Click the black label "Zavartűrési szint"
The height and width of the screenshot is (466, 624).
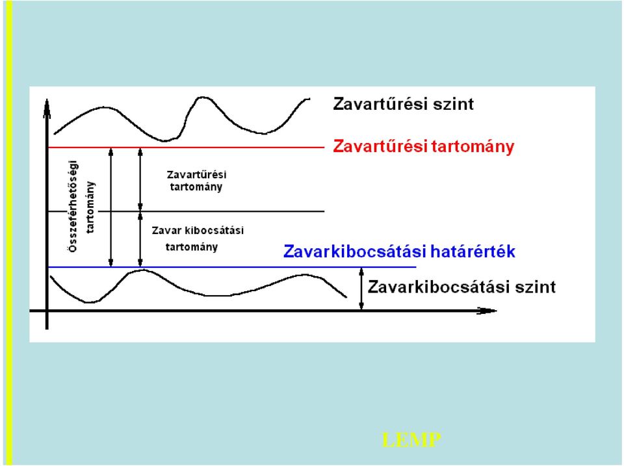tap(403, 104)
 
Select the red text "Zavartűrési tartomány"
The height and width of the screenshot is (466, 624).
tap(423, 147)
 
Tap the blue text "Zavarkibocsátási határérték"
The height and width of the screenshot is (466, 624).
tap(399, 252)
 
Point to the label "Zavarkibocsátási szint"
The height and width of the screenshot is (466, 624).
tap(461, 287)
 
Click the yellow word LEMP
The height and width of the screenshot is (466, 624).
tap(411, 440)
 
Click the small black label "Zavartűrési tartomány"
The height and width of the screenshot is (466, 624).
tap(196, 181)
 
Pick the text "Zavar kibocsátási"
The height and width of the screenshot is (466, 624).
tap(198, 231)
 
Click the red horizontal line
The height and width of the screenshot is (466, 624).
tap(187, 148)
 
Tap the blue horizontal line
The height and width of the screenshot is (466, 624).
tap(232, 267)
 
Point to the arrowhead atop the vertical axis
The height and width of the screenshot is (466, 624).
tap(47, 109)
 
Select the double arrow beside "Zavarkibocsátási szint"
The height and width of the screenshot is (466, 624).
tap(361, 289)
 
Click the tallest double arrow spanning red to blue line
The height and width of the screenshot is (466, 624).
tap(111, 207)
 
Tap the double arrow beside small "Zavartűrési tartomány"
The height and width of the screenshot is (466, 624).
tap(140, 179)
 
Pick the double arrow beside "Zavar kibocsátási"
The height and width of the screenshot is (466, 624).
tap(140, 239)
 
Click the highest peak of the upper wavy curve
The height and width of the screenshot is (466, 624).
tap(203, 97)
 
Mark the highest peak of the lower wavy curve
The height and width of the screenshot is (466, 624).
tap(142, 270)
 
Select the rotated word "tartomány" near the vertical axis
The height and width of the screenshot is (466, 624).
tap(90, 207)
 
